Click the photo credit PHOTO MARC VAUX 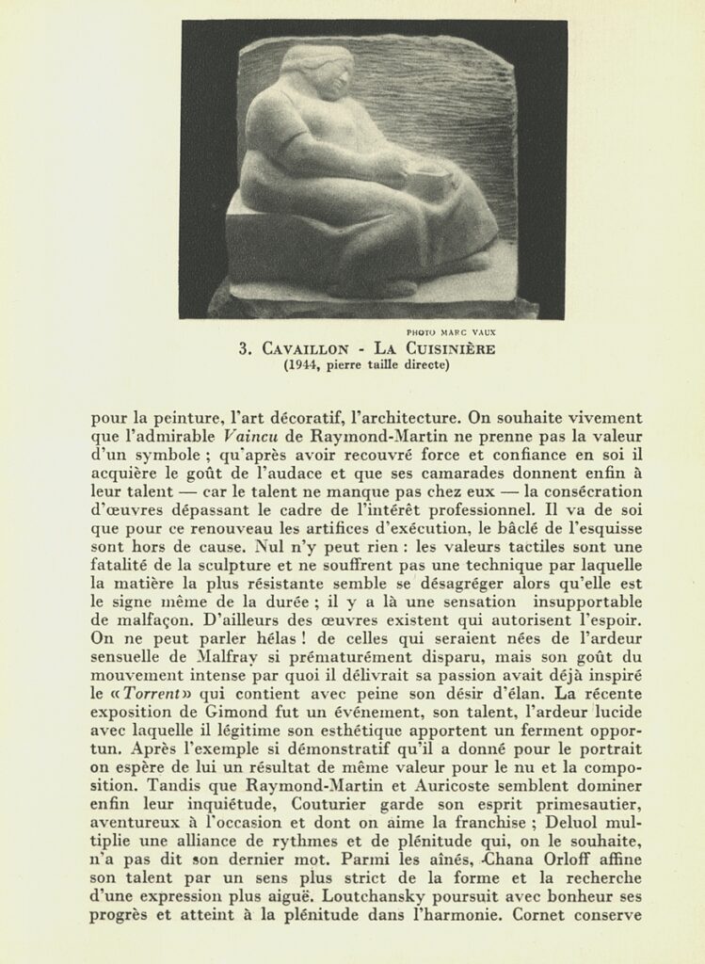click(x=451, y=332)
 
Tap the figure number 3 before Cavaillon click(x=243, y=349)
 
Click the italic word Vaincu click(x=250, y=437)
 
